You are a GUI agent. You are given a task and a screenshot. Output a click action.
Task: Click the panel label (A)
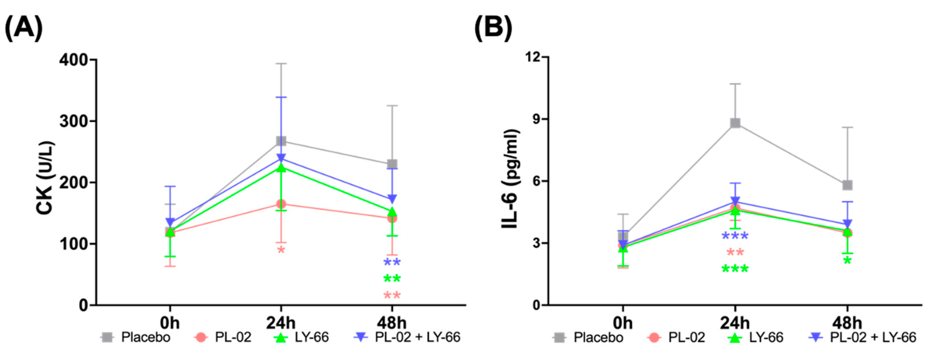pos(23,28)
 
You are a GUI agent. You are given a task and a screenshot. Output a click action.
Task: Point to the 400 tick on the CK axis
pos(74,60)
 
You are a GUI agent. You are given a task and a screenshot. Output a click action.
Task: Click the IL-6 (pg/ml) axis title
pos(510,179)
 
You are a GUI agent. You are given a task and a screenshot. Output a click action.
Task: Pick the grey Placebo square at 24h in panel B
pos(735,123)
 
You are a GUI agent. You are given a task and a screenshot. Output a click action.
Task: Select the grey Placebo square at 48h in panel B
pos(847,185)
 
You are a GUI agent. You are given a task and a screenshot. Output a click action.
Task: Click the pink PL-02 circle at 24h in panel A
pos(281,204)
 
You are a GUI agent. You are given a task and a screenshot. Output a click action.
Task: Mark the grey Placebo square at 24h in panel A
pos(281,141)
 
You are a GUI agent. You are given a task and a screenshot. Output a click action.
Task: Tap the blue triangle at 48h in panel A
pos(392,199)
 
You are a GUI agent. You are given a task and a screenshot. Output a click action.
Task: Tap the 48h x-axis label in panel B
pos(847,322)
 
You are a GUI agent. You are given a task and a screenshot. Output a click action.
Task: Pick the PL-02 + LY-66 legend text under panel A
pos(417,337)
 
